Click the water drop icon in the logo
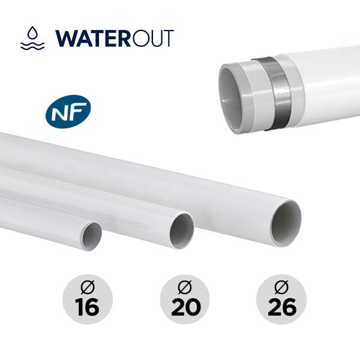tap(32, 33)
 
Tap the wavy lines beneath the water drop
tap(32, 46)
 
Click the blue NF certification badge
tap(68, 112)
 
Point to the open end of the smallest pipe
tap(91, 236)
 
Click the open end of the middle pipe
tap(182, 231)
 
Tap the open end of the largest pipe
tap(286, 223)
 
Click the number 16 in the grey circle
tap(87, 307)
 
